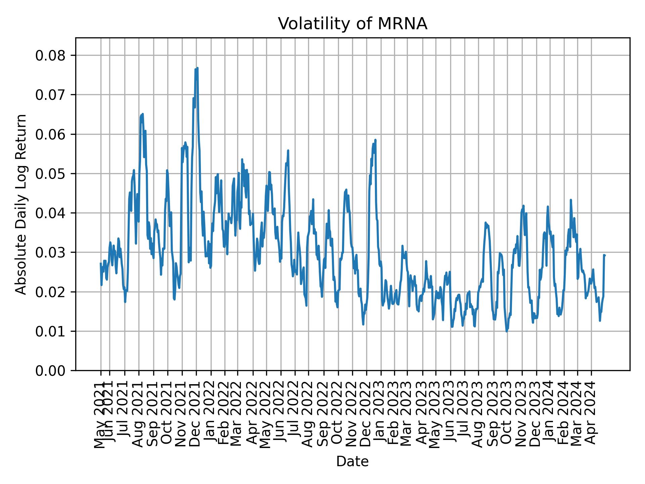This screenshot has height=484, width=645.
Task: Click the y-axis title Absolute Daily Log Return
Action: (21, 204)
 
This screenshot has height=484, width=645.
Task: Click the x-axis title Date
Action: (352, 461)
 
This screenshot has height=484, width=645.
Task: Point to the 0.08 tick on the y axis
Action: (50, 55)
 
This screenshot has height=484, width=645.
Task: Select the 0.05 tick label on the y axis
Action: (50, 174)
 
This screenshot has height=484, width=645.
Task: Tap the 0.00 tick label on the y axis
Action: (50, 371)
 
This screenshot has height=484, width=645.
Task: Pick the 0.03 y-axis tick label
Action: (50, 252)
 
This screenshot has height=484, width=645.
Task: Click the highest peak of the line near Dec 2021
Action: (197, 68)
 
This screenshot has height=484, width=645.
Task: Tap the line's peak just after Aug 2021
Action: (142, 114)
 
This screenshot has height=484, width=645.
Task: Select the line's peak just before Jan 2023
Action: (375, 140)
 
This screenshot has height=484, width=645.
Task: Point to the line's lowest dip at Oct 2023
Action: (507, 331)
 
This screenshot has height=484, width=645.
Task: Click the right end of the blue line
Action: (604, 255)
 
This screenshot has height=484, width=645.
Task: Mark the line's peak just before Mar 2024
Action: (570, 200)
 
